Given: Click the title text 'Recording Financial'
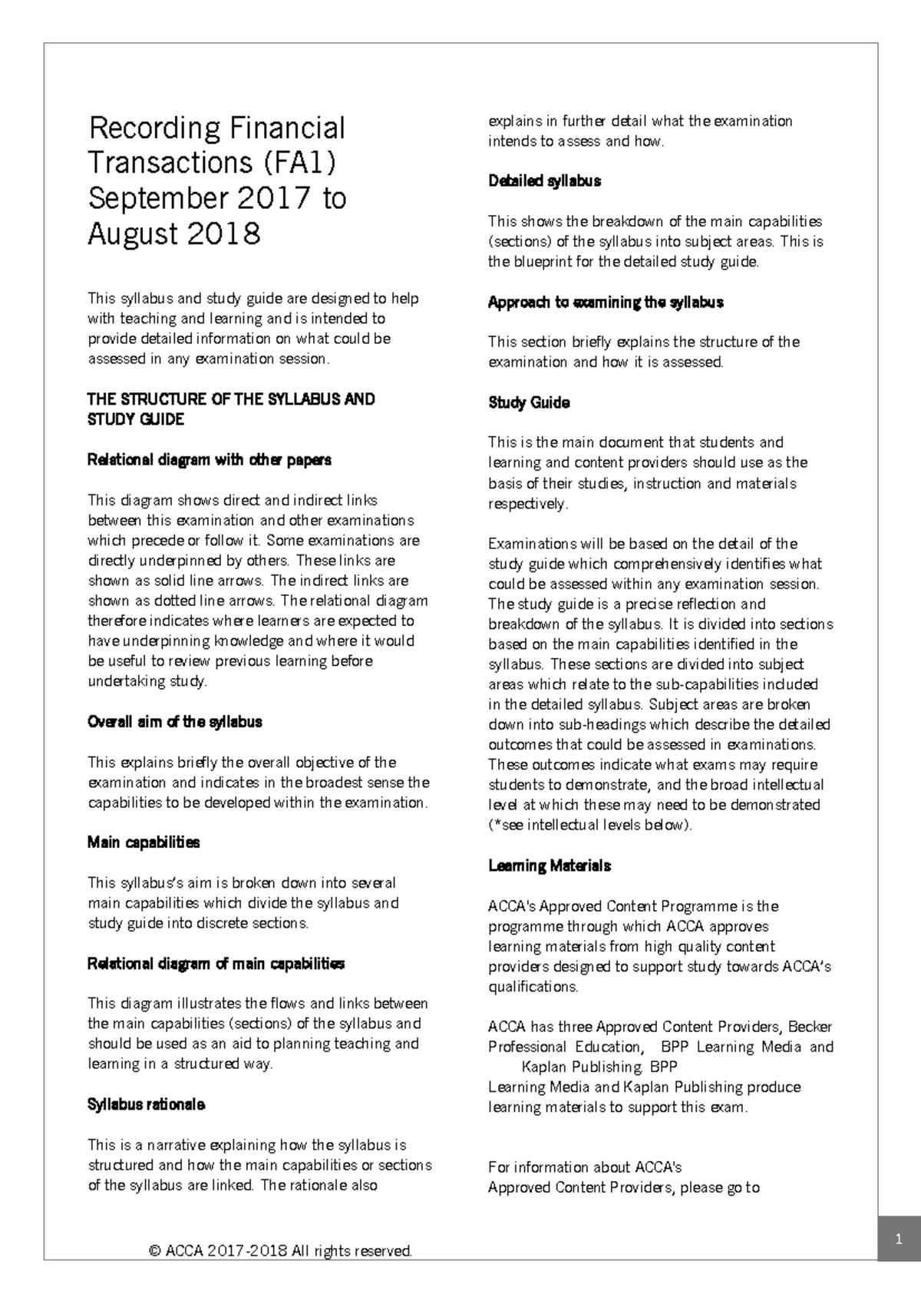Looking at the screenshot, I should coord(216,127).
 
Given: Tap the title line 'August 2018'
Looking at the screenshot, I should coord(174,233).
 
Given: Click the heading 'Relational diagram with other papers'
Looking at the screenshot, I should coord(210,460).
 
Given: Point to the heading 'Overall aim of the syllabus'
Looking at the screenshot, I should coord(175,722).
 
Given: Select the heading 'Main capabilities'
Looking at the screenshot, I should coord(144,842).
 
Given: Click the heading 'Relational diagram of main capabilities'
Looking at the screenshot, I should coord(216,963).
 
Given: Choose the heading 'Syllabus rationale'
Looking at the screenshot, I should coord(146,1104).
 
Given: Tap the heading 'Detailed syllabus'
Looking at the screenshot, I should coord(544,181).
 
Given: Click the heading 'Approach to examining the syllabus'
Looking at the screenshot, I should coord(606,302).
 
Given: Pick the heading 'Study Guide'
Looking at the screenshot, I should coord(529,402).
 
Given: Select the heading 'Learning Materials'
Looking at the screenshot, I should coord(550,865).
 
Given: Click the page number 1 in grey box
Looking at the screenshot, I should coord(897,1239).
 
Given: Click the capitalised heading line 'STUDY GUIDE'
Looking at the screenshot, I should coord(136,419).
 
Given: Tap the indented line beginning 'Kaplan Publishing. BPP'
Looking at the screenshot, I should coord(599,1067).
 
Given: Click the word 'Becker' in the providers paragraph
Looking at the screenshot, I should coord(810,1027).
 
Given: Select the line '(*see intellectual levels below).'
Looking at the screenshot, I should coord(590,826).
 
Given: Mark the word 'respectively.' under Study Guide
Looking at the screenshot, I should coord(528,504).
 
